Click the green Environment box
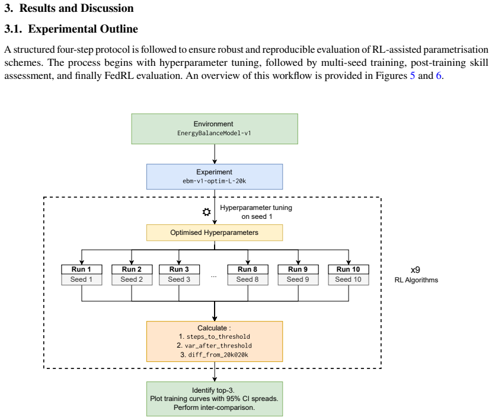[215, 129]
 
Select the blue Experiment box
[215, 177]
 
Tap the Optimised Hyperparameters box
[215, 233]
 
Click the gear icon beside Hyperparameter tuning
[206, 212]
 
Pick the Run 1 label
[82, 269]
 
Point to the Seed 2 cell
[132, 279]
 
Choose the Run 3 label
[179, 269]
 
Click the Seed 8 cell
[248, 279]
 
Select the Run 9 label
[298, 269]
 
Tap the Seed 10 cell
[349, 279]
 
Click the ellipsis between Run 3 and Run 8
[213, 276]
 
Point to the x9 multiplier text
[416, 270]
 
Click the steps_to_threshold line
[215, 336]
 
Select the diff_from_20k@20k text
[215, 355]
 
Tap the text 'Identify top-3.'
[213, 390]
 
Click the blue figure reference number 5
[413, 76]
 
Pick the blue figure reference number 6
[439, 76]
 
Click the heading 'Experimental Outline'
[83, 29]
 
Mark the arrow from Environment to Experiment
[215, 154]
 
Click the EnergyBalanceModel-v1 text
[214, 133]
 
